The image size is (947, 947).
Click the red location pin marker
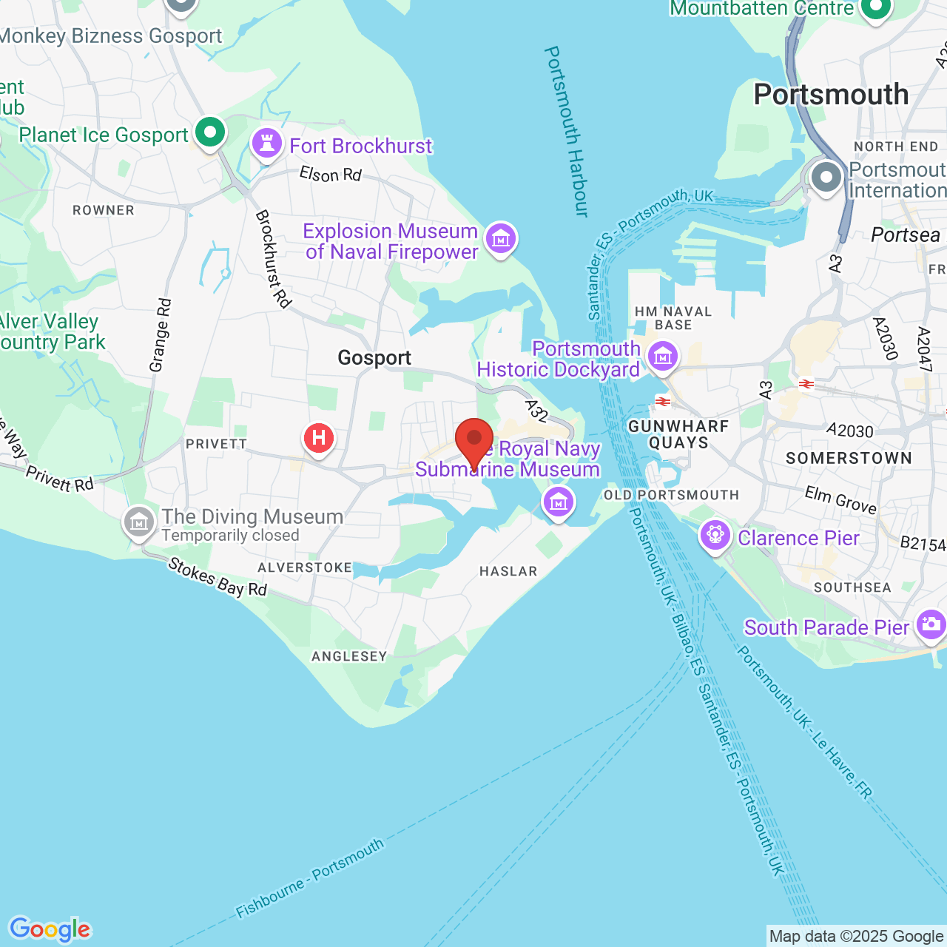tap(474, 439)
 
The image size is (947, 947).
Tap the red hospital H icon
tap(319, 438)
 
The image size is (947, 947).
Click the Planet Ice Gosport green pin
tap(210, 133)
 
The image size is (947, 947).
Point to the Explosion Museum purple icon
tap(501, 238)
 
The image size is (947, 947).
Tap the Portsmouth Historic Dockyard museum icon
tap(662, 357)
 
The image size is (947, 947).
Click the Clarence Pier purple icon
tap(715, 533)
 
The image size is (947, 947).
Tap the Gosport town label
tap(374, 358)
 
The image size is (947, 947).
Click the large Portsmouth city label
tap(831, 95)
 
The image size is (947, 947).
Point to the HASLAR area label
tap(508, 571)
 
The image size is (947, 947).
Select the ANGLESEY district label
tap(349, 656)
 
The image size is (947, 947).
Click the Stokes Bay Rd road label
tap(218, 578)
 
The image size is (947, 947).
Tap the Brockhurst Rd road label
tap(273, 258)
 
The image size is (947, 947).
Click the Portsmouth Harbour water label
tap(566, 132)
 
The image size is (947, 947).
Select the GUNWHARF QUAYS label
tap(678, 434)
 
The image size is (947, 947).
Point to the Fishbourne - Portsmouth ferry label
tap(310, 879)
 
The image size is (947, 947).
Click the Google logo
tap(50, 929)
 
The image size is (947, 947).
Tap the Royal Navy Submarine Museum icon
tap(558, 502)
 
